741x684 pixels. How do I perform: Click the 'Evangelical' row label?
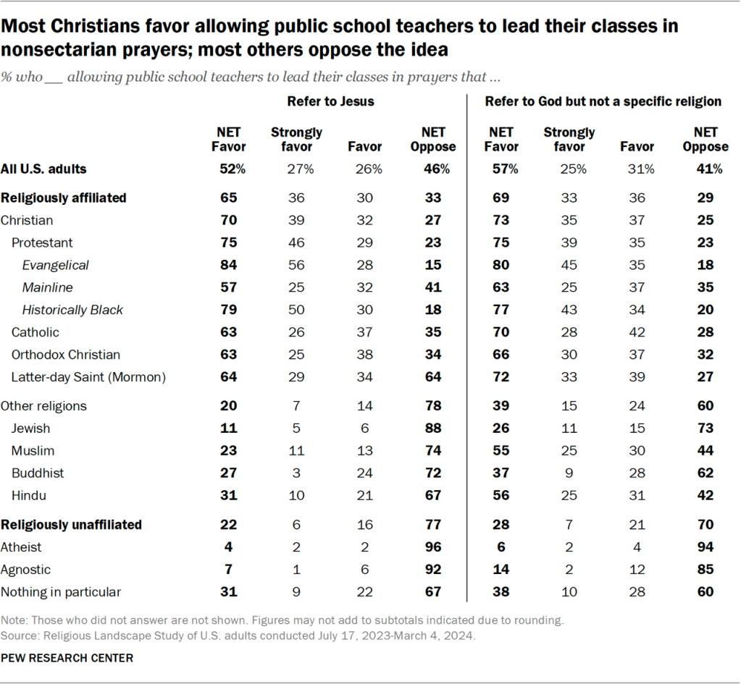(x=55, y=265)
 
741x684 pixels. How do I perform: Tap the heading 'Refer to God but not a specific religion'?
(x=603, y=101)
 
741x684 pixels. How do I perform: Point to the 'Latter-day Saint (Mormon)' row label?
(x=88, y=376)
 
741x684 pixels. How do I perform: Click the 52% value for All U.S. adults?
(x=229, y=169)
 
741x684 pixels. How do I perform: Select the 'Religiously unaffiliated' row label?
(x=71, y=525)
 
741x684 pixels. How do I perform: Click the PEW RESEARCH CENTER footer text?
(x=67, y=658)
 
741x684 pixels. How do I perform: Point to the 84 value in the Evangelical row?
(x=229, y=265)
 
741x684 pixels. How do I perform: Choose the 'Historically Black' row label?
(x=72, y=310)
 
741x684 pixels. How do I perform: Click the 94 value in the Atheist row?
(x=705, y=547)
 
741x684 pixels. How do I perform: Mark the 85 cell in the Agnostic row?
(x=705, y=570)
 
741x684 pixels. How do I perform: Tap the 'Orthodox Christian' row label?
(x=65, y=355)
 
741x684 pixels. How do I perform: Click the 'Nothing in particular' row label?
(x=60, y=592)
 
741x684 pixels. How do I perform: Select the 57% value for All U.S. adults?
(x=501, y=169)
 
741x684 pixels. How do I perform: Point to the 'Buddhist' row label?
(x=38, y=473)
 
